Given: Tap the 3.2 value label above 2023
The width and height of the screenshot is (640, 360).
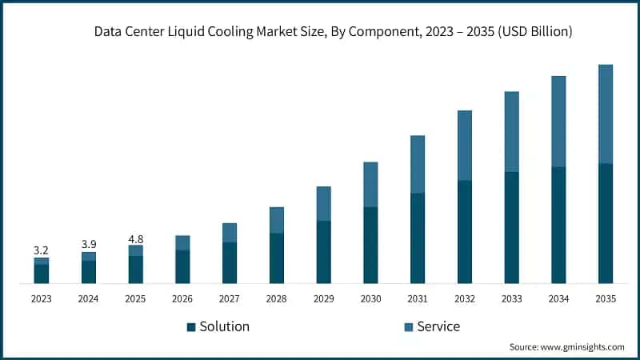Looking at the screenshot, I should tap(41, 250).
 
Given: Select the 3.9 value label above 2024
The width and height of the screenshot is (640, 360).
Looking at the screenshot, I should tap(88, 244).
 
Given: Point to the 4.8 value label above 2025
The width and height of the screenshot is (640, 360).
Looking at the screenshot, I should tap(135, 238).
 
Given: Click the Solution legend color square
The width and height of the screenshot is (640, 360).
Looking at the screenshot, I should tap(190, 327).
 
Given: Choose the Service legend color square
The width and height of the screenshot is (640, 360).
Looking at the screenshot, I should tap(408, 327).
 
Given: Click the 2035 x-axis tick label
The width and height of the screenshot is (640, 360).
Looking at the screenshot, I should tap(606, 298).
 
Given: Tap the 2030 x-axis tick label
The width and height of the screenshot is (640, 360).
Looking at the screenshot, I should tap(370, 298).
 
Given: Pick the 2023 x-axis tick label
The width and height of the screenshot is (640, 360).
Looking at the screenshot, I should tap(41, 298).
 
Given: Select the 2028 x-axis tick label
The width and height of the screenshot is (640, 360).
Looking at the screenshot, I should tap(276, 298).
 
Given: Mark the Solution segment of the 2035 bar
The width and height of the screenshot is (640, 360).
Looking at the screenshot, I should tap(606, 223).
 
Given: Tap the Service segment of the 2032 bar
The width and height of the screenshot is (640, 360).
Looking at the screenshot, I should tap(465, 145).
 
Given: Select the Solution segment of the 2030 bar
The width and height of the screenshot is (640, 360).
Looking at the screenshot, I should tap(370, 245).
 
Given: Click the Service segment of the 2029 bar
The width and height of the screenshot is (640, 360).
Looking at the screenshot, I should tap(323, 203).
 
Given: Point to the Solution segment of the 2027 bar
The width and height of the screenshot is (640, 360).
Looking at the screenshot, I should tap(230, 262).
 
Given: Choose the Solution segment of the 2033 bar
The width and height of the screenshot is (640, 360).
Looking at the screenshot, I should tap(512, 227).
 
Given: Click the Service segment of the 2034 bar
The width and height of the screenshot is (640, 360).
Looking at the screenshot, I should tap(558, 121).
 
